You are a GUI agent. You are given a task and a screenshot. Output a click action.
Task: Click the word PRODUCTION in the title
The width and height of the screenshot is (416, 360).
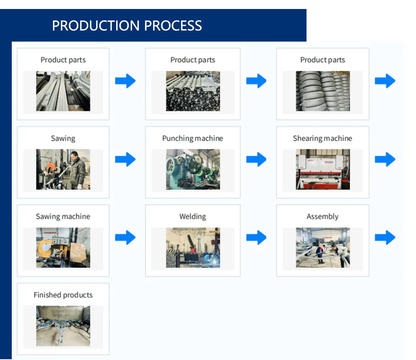tap(96, 26)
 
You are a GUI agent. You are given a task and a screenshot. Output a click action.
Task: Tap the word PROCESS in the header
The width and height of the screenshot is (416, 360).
tap(173, 26)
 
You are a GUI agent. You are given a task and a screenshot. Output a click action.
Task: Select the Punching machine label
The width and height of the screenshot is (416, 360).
tap(193, 138)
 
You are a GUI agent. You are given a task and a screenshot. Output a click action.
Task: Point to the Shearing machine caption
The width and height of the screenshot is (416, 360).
tap(322, 138)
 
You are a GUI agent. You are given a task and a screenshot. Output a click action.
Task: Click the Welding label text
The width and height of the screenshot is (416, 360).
tap(193, 216)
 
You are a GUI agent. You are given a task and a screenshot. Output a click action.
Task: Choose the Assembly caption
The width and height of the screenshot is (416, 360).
tap(322, 217)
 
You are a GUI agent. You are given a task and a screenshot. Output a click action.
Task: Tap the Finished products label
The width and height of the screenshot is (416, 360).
tap(63, 295)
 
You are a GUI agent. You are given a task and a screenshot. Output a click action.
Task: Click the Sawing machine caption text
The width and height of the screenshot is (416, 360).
tap(63, 216)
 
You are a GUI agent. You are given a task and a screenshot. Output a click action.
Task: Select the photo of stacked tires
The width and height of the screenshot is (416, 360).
tap(323, 91)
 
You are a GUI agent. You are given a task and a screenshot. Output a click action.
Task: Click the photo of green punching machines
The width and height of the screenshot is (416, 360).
tap(193, 169)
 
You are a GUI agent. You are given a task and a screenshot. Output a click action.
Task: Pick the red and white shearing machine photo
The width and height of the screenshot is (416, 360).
tap(323, 169)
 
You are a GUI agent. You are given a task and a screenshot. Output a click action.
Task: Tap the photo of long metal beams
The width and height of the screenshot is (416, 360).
tap(63, 91)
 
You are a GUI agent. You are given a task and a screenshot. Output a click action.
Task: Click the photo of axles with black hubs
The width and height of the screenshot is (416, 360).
tap(193, 91)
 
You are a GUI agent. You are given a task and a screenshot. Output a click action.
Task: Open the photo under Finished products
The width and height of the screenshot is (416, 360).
tap(63, 326)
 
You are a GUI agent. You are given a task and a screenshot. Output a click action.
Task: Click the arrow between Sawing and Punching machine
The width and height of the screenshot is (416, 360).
tap(125, 159)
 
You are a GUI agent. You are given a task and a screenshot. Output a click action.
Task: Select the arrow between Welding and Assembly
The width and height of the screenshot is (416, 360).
tap(256, 238)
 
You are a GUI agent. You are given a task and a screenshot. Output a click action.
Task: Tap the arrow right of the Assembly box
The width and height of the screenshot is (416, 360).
tap(385, 238)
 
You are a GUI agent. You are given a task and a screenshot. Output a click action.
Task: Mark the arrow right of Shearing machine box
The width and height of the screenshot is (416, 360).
tap(385, 159)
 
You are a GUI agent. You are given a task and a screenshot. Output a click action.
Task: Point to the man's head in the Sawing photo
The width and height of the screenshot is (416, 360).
tap(75, 155)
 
